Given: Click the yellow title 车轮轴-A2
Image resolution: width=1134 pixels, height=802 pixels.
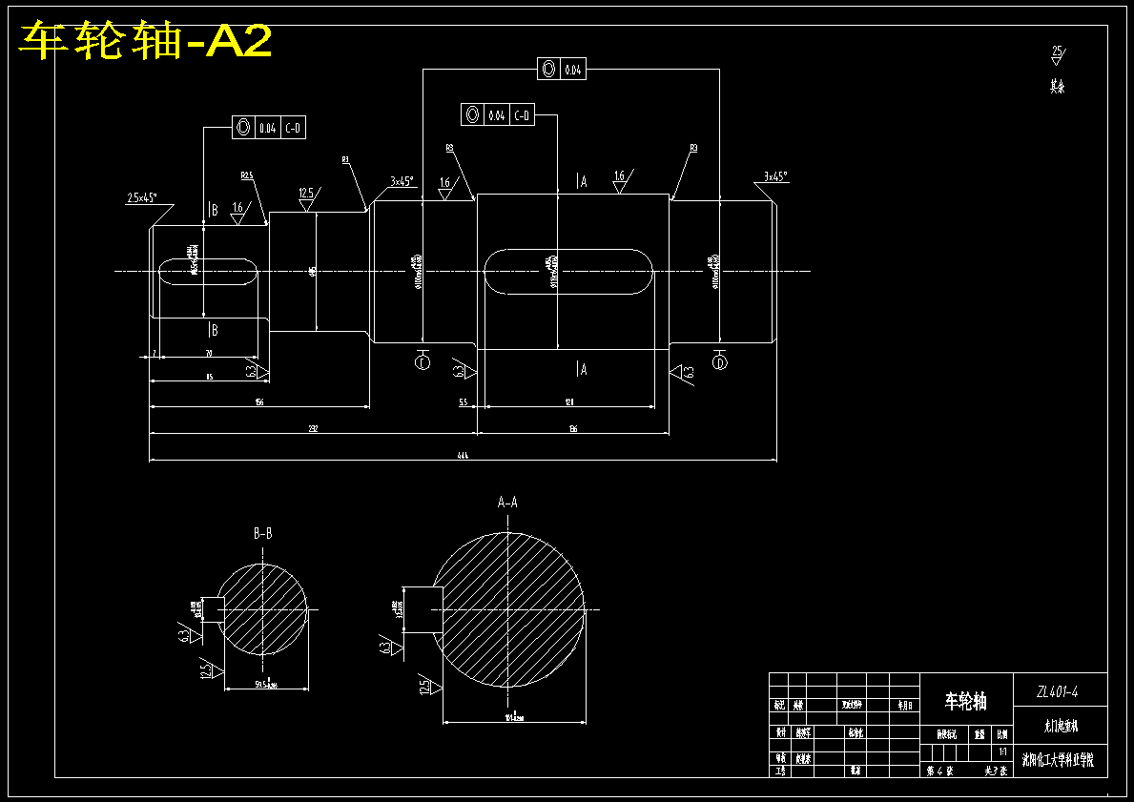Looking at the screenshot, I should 146,41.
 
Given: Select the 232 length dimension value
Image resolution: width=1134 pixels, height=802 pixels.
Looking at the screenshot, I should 313,428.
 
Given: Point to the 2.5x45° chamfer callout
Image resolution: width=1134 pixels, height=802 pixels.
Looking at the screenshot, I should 142,198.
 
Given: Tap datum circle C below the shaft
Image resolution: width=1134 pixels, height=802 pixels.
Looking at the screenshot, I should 423,361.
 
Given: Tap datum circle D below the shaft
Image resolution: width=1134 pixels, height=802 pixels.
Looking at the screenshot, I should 720,361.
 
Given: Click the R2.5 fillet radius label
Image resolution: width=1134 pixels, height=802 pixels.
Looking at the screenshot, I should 247,175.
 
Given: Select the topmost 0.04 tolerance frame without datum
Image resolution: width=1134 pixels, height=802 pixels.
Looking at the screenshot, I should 562,69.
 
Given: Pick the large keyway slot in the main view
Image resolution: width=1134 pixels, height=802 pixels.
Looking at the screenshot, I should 567,272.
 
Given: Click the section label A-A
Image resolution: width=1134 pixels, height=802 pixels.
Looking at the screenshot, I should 507,502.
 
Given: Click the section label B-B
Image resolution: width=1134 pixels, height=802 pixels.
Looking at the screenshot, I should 263,534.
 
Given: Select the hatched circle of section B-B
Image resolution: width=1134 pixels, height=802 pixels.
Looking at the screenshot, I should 263,610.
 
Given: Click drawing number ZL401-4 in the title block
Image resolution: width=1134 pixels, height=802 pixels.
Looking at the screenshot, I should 1058,691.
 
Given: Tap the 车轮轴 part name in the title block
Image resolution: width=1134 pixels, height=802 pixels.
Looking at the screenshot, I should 965,703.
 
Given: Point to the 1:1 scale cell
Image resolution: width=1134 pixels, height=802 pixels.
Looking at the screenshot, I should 1001,751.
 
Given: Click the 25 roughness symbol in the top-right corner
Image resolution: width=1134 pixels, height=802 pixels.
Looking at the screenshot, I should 1057,53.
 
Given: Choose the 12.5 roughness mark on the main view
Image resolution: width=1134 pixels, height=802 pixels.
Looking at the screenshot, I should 307,195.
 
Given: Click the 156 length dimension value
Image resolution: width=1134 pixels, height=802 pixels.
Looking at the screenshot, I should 258,403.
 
